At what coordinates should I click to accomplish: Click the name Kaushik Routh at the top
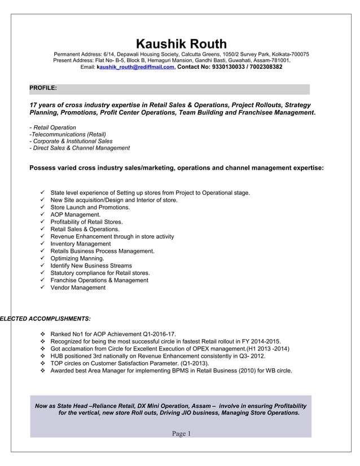point(181,43)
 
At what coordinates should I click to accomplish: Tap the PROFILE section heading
point(43,88)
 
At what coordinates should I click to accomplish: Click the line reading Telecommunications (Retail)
point(68,134)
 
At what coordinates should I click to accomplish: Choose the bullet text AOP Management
point(75,215)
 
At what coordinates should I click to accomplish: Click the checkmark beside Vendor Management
point(43,287)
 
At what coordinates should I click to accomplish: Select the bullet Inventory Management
point(81,244)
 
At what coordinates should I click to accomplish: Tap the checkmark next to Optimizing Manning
point(43,258)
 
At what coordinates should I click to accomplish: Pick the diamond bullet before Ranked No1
point(43,334)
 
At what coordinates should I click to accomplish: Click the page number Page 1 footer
point(182,434)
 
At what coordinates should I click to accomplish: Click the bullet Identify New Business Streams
point(91,266)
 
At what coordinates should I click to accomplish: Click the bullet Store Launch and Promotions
point(90,208)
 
